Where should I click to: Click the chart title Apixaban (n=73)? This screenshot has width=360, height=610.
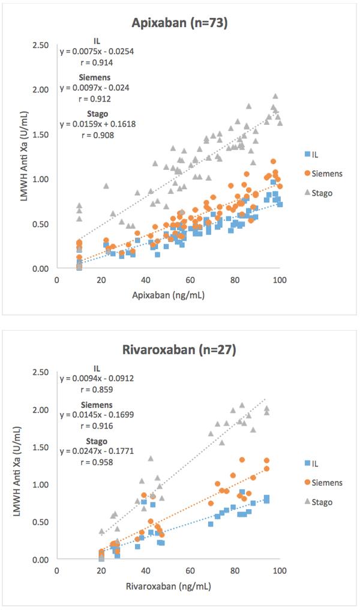click(179, 24)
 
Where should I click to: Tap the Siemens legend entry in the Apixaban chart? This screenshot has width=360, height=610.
click(325, 174)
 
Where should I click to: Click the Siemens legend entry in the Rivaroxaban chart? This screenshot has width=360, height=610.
click(325, 482)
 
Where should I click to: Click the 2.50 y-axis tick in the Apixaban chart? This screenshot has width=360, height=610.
click(41, 45)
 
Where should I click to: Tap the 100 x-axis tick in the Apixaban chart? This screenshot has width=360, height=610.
click(280, 279)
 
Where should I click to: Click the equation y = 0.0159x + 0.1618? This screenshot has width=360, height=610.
click(97, 124)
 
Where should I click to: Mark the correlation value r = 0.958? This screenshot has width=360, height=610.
click(97, 463)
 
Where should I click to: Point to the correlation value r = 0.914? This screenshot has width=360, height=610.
click(97, 62)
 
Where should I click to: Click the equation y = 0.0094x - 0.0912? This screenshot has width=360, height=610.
click(97, 378)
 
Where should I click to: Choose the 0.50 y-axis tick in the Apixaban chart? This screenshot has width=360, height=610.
click(41, 224)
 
